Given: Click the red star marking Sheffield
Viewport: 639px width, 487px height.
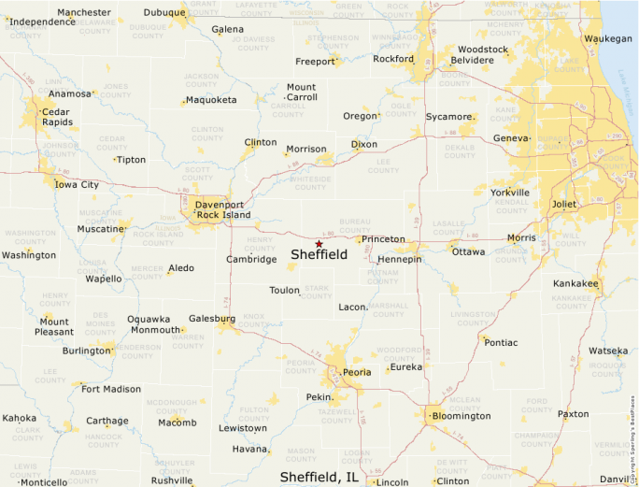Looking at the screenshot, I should (x=319, y=244).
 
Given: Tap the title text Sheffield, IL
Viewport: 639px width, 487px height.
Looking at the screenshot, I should (x=319, y=477).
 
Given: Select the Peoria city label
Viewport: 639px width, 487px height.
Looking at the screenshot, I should (x=356, y=372).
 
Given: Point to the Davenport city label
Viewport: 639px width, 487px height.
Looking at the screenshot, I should (x=220, y=205).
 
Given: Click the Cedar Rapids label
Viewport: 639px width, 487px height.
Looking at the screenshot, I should (x=55, y=116).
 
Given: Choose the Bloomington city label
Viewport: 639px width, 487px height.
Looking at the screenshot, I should (x=461, y=416).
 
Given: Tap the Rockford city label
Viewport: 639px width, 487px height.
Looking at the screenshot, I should (x=393, y=59).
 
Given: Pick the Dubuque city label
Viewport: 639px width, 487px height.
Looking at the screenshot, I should (x=163, y=13).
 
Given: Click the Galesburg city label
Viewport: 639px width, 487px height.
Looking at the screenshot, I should (x=211, y=318).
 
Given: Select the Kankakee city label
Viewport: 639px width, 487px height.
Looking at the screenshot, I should (x=576, y=282).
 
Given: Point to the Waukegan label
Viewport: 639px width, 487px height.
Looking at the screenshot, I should (x=608, y=38).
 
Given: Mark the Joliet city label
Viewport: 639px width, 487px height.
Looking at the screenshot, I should (x=564, y=204).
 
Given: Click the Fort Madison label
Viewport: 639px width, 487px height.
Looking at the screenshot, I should (x=111, y=389).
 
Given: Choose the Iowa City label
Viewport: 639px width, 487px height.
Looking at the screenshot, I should (x=77, y=185).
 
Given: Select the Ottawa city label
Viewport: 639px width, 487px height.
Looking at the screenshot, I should (x=468, y=251).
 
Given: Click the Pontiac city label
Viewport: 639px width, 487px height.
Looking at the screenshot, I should (x=501, y=342).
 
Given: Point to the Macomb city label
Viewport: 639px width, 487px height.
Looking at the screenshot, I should (x=177, y=423).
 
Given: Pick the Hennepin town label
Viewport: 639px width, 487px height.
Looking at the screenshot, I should (x=400, y=259).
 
